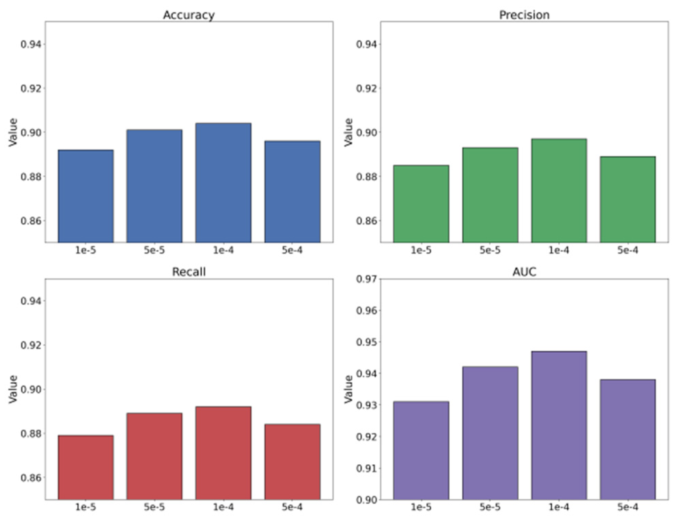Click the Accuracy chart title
189,15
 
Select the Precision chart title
524,15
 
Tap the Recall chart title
189,272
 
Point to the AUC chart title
524,272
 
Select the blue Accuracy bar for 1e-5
86,196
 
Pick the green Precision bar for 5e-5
490,195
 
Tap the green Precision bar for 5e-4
627,200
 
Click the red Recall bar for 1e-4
223,453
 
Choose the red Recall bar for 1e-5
86,467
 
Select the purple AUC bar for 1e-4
559,425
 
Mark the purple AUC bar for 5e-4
627,439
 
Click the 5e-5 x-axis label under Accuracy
154,251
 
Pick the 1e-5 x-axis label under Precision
421,251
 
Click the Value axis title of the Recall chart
13,389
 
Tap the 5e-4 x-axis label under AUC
627,507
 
